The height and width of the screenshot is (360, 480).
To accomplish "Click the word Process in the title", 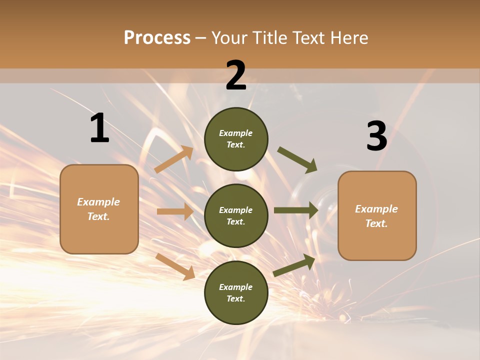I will tap(157, 38).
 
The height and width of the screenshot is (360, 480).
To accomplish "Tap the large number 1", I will tap(99, 128).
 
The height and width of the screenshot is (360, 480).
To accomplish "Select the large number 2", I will tap(236, 75).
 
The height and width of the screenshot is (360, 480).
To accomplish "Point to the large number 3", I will tap(376, 136).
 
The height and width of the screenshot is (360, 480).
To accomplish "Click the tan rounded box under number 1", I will tap(99, 209).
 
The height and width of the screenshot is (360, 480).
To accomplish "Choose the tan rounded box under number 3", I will tap(377, 216).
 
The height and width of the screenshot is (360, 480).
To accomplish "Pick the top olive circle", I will tap(236, 139).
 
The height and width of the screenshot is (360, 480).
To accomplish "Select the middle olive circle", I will tap(236, 215).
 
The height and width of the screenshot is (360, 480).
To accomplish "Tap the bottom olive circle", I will tap(236, 292).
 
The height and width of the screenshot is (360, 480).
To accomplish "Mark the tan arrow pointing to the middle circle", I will tap(175, 211).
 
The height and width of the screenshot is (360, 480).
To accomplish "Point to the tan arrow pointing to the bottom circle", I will tap(175, 266).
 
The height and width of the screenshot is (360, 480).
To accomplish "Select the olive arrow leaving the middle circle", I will tap(296, 210).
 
